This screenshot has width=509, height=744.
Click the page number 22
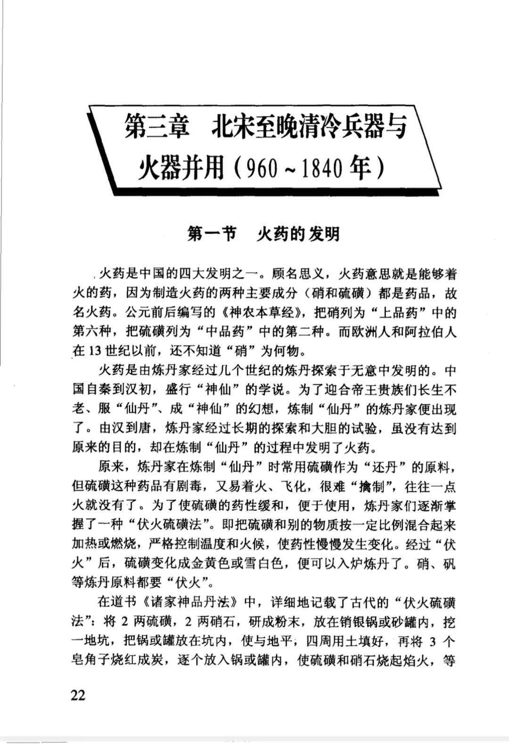click(78, 694)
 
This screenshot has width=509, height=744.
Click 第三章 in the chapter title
click(156, 127)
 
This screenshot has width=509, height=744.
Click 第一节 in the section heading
click(212, 233)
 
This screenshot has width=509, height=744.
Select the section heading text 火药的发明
click(298, 233)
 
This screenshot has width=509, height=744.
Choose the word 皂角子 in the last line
click(91, 661)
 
